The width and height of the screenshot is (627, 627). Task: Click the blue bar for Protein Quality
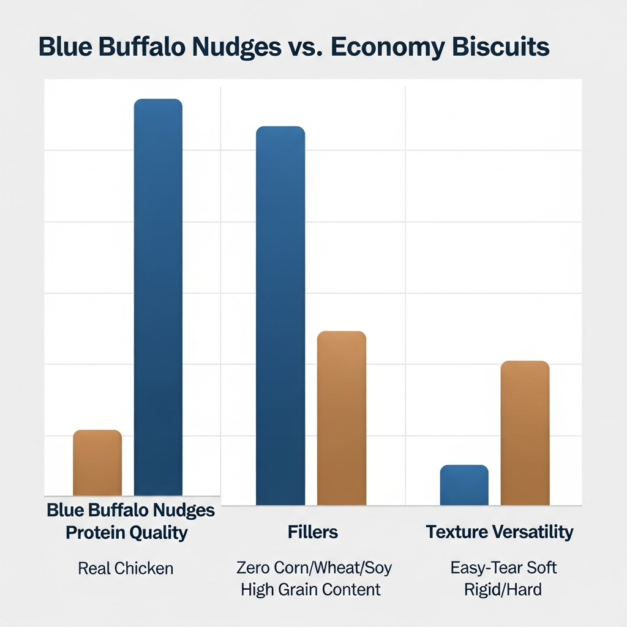[158, 297]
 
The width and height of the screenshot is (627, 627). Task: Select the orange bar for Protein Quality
[97, 463]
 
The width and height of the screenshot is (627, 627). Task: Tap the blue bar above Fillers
[280, 315]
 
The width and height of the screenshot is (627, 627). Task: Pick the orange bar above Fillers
[341, 418]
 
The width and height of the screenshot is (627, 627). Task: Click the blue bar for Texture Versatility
[464, 485]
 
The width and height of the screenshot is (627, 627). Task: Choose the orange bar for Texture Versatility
[525, 433]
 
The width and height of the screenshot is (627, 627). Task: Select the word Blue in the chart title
[64, 48]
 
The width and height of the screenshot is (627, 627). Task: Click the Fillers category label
[313, 531]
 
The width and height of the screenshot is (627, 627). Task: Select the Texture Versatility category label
[500, 531]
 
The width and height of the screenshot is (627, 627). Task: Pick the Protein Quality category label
[126, 533]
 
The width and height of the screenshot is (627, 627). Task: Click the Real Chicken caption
[126, 568]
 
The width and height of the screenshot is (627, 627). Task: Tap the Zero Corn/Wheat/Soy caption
[313, 568]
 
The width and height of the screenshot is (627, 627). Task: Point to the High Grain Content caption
[310, 590]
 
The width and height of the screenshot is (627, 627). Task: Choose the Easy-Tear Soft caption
[503, 568]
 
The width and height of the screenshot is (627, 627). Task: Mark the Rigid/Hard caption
[503, 590]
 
